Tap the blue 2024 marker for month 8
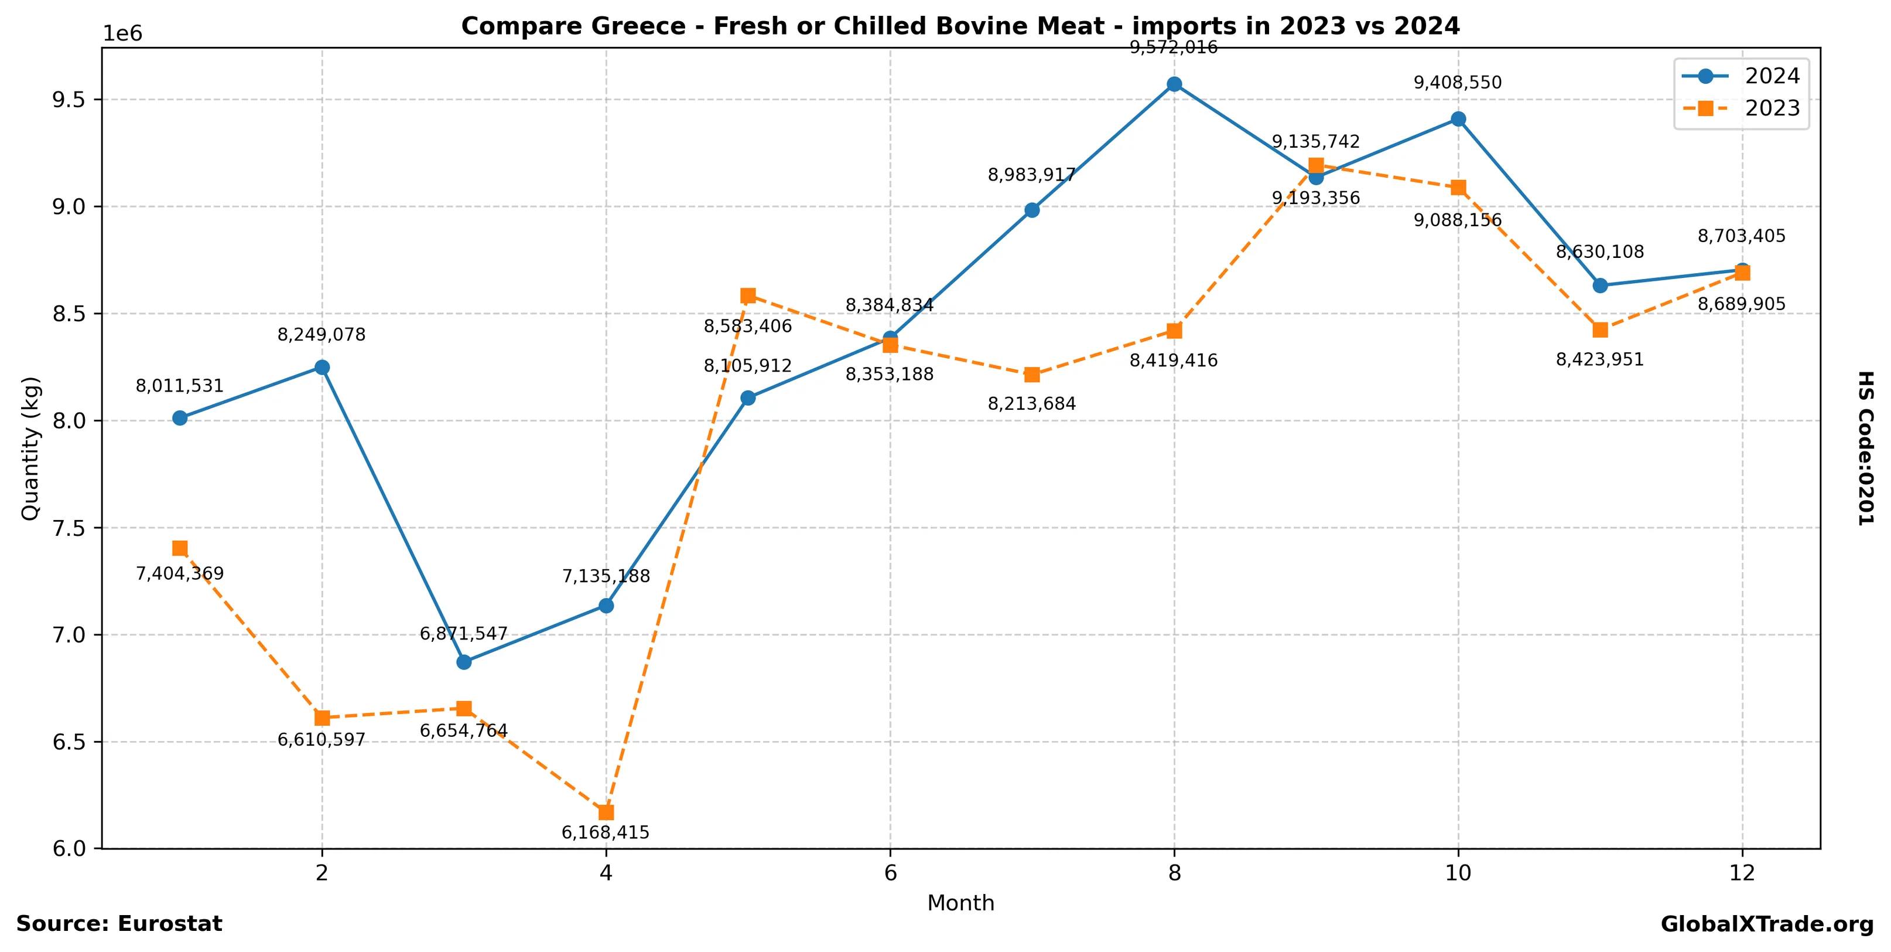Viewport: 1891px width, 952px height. pyautogui.click(x=1175, y=84)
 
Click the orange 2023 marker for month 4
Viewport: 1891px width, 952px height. pyautogui.click(x=606, y=812)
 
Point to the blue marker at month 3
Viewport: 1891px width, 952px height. pyautogui.click(x=464, y=662)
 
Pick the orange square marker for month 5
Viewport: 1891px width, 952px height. pyautogui.click(x=748, y=296)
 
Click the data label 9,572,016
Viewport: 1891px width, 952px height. pyautogui.click(x=1173, y=47)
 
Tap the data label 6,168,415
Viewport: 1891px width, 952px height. pyautogui.click(x=606, y=832)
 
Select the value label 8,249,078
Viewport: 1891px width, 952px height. pyautogui.click(x=322, y=335)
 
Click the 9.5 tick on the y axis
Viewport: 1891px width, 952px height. pyautogui.click(x=69, y=99)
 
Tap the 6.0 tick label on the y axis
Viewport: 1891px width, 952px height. pyautogui.click(x=69, y=848)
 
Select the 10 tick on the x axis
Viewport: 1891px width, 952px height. pyautogui.click(x=1458, y=873)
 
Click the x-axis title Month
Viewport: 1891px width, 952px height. pyautogui.click(x=961, y=903)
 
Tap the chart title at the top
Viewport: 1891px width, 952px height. pyautogui.click(x=961, y=26)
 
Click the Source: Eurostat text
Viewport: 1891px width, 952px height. pyautogui.click(x=119, y=923)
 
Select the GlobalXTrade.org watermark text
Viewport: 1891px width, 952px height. pyautogui.click(x=1767, y=924)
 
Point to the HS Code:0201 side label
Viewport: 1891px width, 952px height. pyautogui.click(x=1865, y=448)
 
